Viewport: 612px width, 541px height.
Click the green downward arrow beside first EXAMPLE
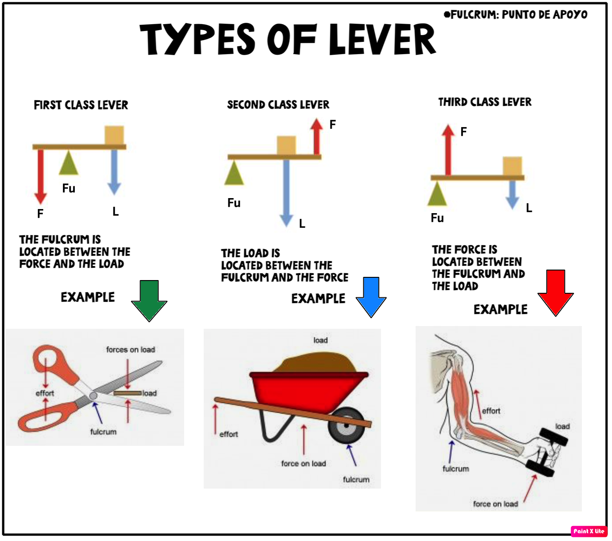tap(149, 301)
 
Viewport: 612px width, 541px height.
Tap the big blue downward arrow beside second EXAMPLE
tap(371, 297)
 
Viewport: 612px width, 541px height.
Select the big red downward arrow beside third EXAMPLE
tap(555, 293)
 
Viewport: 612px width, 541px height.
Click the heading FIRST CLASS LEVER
tap(81, 105)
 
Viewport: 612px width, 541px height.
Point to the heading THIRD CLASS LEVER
tap(484, 102)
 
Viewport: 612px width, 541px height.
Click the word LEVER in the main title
tap(382, 40)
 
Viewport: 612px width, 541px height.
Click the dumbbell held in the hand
tap(547, 452)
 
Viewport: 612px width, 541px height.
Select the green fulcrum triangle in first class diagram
tap(68, 164)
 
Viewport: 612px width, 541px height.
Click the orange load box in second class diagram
tap(286, 145)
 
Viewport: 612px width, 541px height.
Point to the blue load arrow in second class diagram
tap(286, 191)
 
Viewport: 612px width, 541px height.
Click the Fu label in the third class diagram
tap(437, 218)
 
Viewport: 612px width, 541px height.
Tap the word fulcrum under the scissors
tap(103, 432)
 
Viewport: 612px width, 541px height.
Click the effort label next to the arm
tap(491, 411)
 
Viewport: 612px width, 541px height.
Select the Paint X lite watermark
tap(589, 531)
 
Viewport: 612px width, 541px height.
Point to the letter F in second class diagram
tap(333, 125)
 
